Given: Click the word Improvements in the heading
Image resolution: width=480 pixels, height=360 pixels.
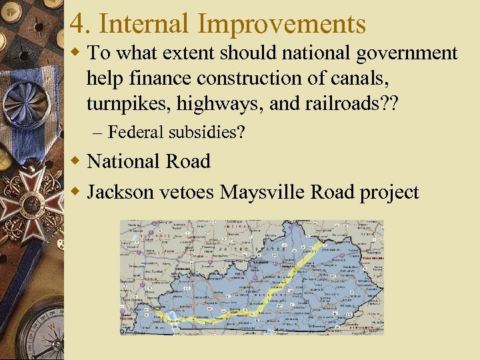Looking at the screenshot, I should (x=282, y=24).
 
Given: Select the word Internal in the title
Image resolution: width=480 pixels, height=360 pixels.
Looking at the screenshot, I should (x=146, y=24).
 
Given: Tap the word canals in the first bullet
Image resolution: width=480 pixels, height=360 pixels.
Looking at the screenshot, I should (x=367, y=78).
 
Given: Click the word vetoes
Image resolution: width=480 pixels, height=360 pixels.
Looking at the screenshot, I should (x=187, y=193).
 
